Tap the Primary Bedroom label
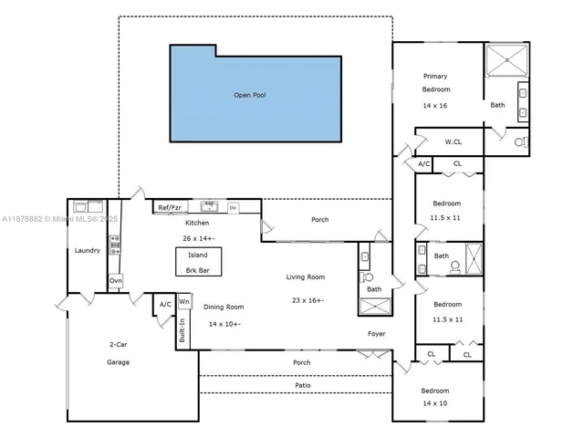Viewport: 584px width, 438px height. (x=435, y=83)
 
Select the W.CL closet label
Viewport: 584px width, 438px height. (x=454, y=141)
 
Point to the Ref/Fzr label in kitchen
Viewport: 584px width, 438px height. (x=171, y=208)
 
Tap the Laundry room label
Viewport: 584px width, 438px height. (x=87, y=251)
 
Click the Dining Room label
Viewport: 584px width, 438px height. (x=224, y=308)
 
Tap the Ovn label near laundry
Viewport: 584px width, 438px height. (x=115, y=281)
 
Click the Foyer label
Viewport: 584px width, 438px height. (x=377, y=334)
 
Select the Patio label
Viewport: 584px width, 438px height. (x=302, y=385)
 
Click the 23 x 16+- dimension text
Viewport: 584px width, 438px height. (x=308, y=300)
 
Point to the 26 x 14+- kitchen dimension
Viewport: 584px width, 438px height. (x=198, y=238)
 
